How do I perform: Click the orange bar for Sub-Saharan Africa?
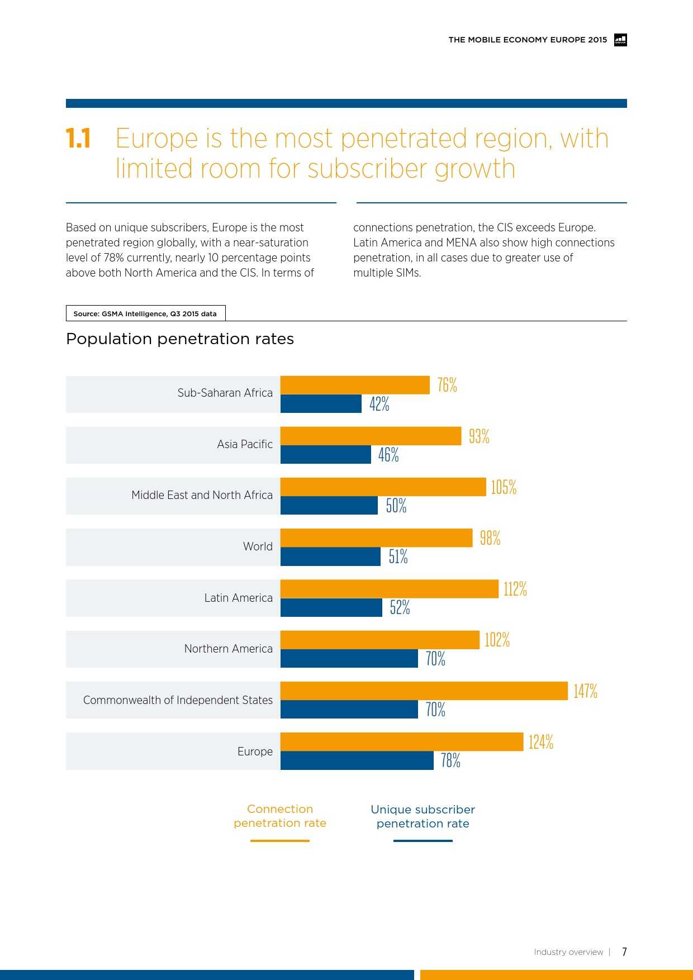pyautogui.click(x=355, y=385)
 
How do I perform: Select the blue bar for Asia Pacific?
pyautogui.click(x=326, y=455)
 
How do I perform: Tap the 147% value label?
pyautogui.click(x=585, y=691)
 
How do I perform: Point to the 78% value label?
pyautogui.click(x=450, y=760)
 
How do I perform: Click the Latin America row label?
pyautogui.click(x=238, y=598)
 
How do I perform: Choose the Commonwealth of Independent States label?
pyautogui.click(x=178, y=700)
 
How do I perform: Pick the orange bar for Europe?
pyautogui.click(x=401, y=742)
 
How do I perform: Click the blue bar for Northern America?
pyautogui.click(x=349, y=659)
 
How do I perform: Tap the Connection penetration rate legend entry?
pyautogui.click(x=280, y=816)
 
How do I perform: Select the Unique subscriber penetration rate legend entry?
pyautogui.click(x=423, y=817)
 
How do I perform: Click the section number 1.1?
pyautogui.click(x=78, y=139)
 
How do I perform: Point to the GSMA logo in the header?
pyautogui.click(x=620, y=40)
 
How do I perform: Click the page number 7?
pyautogui.click(x=624, y=952)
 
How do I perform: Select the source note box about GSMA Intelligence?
pyautogui.click(x=145, y=313)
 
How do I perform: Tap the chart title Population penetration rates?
pyautogui.click(x=180, y=339)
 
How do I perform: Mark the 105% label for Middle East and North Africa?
pyautogui.click(x=504, y=487)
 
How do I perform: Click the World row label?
pyautogui.click(x=258, y=546)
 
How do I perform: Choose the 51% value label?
pyautogui.click(x=398, y=556)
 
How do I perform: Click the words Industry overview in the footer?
pyautogui.click(x=568, y=952)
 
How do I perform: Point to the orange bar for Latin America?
pyautogui.click(x=389, y=589)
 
